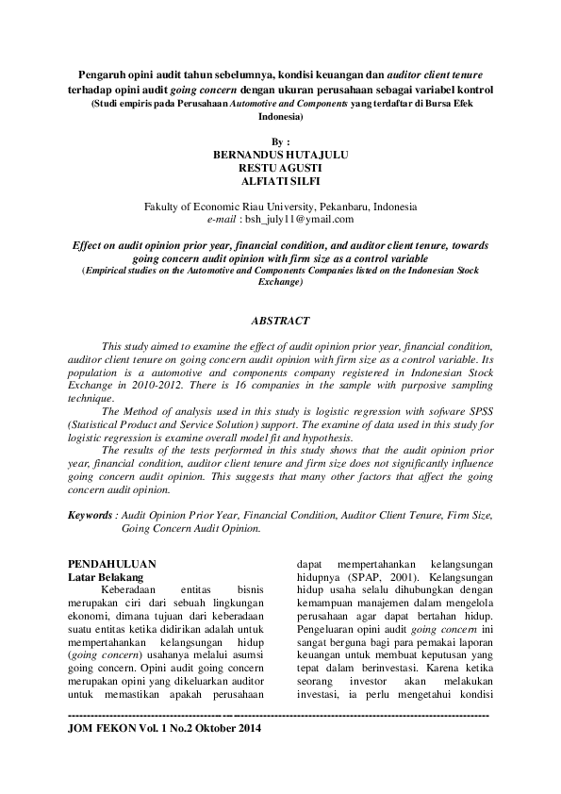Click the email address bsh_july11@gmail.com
[x=299, y=219]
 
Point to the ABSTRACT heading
[x=280, y=321]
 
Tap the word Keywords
[x=91, y=516]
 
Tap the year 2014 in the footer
[x=248, y=730]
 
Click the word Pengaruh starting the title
[x=104, y=73]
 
